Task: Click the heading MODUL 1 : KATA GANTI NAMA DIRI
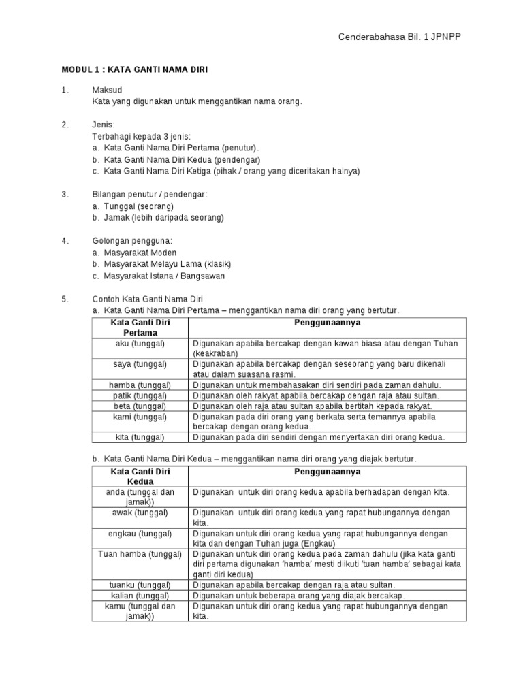click(135, 69)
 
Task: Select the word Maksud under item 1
click(107, 90)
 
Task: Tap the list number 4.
click(65, 241)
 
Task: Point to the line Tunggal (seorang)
click(139, 206)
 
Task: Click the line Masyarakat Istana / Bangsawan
click(164, 276)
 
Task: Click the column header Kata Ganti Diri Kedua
click(140, 476)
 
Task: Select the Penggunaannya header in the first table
click(328, 323)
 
